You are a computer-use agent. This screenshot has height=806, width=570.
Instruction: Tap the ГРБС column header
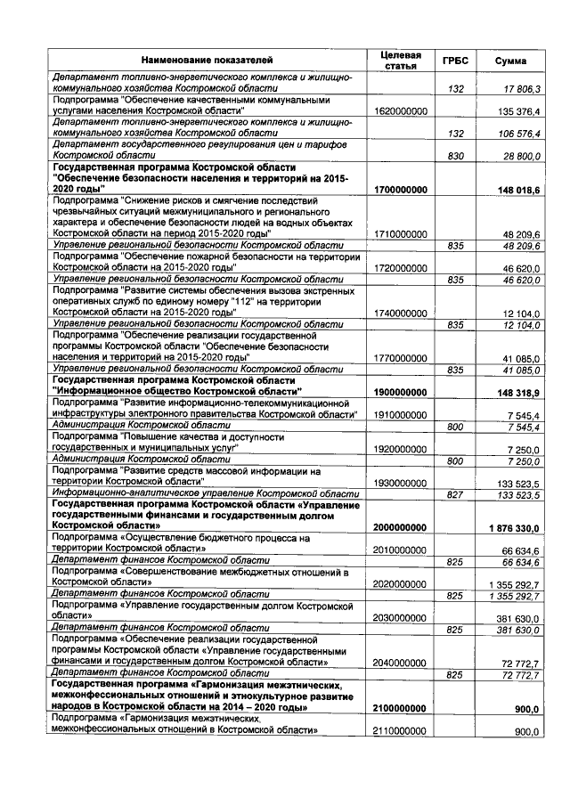click(x=455, y=60)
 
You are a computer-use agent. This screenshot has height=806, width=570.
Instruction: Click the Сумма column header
click(x=510, y=60)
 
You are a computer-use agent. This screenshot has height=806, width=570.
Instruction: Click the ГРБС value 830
click(x=456, y=157)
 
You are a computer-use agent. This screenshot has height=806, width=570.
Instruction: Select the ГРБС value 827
click(x=456, y=494)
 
